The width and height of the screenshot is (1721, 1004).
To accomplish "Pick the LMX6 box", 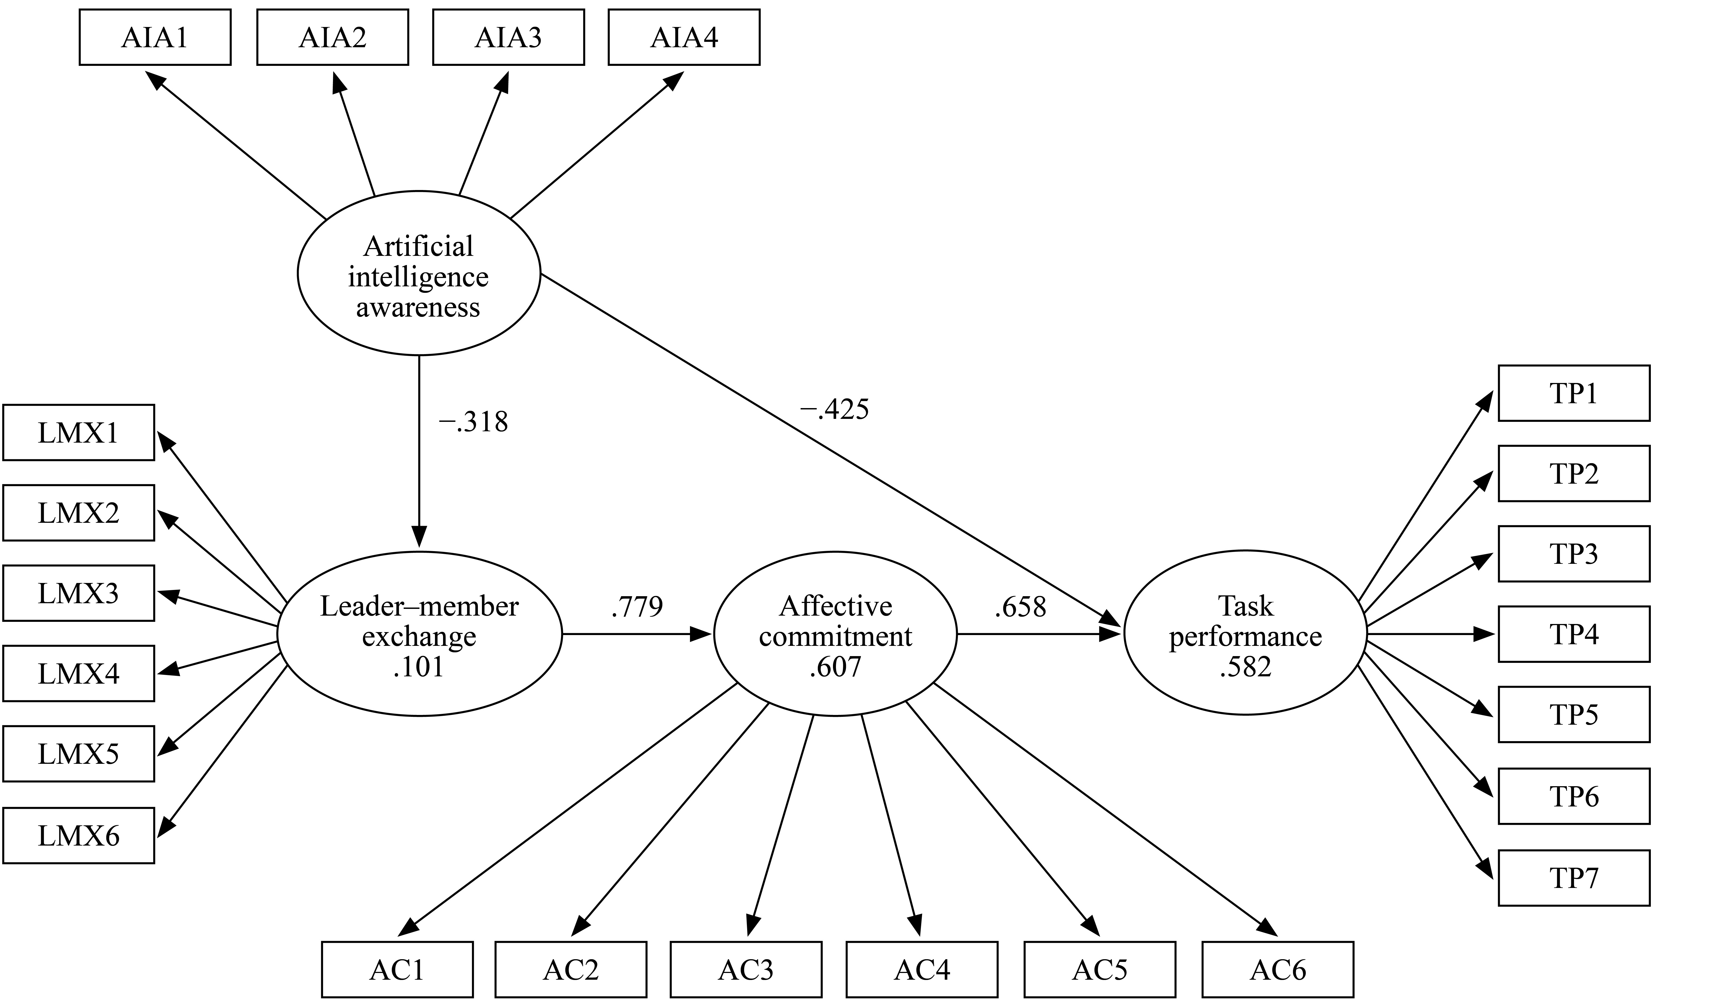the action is tap(79, 835).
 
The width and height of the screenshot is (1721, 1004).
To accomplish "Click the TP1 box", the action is tap(1574, 394).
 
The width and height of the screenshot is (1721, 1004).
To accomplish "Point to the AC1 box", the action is tap(397, 970).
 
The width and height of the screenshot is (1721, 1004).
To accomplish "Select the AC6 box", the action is tap(1278, 970).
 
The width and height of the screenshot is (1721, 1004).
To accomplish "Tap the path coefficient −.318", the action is tap(473, 422).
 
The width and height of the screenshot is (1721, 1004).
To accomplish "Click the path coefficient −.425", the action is tap(835, 409).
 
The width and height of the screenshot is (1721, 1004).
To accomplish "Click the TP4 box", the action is tap(1574, 634).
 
